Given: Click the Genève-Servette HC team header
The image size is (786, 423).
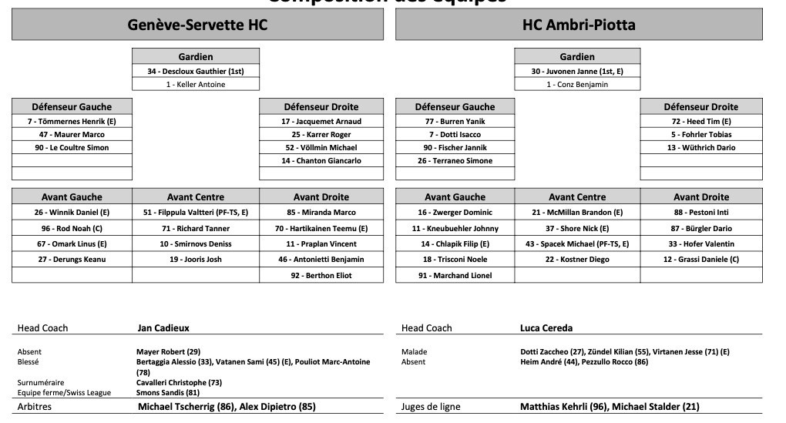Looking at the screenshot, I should click(x=197, y=25).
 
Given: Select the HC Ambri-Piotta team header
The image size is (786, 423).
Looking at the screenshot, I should click(x=579, y=25).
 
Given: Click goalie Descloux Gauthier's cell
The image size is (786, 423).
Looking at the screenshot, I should click(x=196, y=71).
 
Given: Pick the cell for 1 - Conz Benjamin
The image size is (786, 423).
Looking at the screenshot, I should click(x=577, y=84).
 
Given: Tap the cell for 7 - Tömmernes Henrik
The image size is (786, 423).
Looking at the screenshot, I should click(x=72, y=121).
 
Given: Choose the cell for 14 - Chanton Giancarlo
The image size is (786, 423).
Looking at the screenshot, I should click(x=321, y=160).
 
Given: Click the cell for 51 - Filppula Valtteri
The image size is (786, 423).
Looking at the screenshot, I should click(x=196, y=212).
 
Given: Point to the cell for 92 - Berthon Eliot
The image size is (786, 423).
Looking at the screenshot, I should click(x=321, y=275).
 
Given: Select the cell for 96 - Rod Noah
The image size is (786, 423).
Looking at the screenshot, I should click(x=72, y=228).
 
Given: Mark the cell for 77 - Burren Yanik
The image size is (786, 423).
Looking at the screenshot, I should click(x=455, y=121).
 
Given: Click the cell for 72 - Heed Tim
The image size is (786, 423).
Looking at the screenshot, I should click(x=701, y=121).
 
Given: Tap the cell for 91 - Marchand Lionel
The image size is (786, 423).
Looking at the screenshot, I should click(x=455, y=275).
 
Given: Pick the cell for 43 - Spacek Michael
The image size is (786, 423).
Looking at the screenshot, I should click(x=577, y=243).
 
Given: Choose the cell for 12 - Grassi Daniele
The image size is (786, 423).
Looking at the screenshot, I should click(x=701, y=259).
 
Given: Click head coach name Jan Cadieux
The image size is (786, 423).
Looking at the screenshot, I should click(x=163, y=327).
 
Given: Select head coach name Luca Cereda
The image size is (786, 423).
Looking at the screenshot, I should click(x=546, y=327).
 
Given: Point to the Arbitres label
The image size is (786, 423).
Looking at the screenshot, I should click(x=34, y=406).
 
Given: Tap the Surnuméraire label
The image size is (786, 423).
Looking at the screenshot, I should click(x=41, y=382).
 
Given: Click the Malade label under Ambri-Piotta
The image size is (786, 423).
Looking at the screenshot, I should click(x=415, y=352).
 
